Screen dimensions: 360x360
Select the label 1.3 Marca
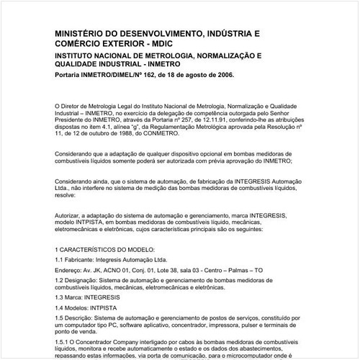(x=70, y=296)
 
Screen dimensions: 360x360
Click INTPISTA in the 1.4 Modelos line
(x=108, y=306)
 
